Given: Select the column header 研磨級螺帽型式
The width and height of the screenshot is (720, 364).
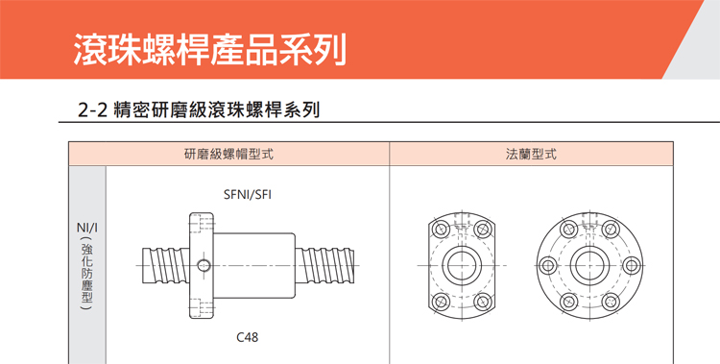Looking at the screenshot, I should click(x=228, y=154).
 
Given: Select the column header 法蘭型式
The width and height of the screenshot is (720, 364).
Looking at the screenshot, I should click(x=531, y=154).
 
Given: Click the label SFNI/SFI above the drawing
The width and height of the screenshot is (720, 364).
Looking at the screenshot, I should click(x=247, y=194).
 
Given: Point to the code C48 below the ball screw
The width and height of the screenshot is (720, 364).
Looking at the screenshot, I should click(x=247, y=337).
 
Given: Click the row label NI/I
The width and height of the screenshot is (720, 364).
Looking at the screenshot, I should click(x=86, y=228).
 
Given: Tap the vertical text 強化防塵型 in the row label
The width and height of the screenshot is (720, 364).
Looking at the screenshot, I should click(x=86, y=279).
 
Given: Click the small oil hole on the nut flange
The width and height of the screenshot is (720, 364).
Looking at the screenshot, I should click(x=203, y=265).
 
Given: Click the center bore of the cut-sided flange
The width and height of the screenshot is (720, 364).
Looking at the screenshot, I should click(x=463, y=266).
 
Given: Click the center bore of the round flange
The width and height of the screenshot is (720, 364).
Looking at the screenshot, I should click(x=587, y=266).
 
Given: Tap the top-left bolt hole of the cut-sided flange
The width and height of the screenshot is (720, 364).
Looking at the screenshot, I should click(x=439, y=231).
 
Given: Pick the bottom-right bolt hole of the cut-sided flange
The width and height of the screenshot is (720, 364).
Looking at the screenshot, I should click(x=486, y=302).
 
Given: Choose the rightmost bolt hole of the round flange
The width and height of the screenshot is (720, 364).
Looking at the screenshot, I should click(x=629, y=266).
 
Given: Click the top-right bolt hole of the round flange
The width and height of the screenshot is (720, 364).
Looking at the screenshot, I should click(x=608, y=230).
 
